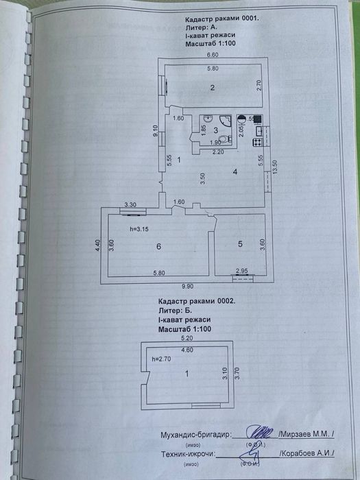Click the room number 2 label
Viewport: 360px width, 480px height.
(213, 87)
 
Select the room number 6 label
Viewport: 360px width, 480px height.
(158, 245)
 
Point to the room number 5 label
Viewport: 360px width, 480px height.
(240, 243)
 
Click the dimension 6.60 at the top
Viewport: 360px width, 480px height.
(213, 54)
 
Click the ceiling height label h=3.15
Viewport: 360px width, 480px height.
(140, 230)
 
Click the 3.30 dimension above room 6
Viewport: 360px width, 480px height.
(130, 204)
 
